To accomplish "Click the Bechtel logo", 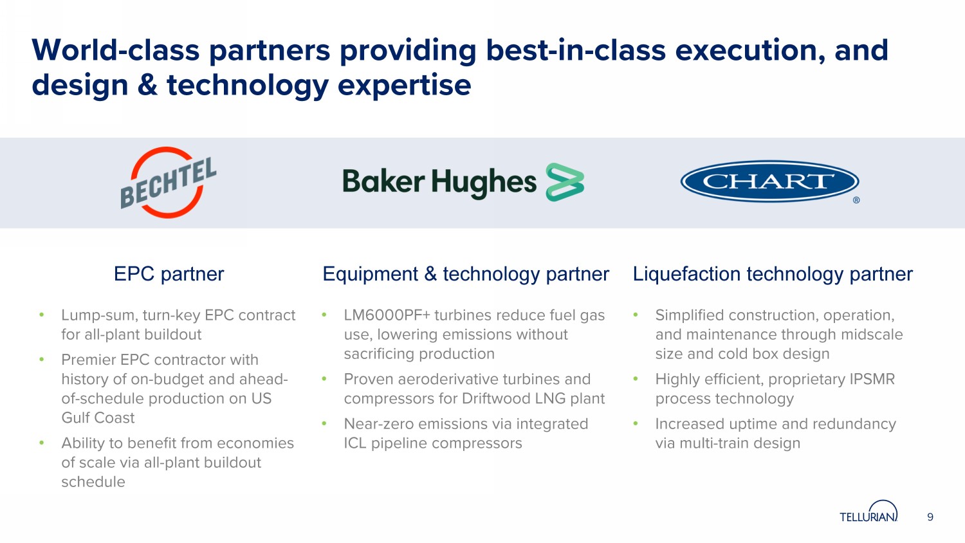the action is click(x=168, y=183).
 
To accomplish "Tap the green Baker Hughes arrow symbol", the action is click(x=565, y=182).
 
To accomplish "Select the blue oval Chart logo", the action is click(x=769, y=181).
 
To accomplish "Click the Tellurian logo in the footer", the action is click(x=868, y=511).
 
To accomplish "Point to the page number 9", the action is click(x=930, y=517).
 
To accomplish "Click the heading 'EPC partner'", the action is click(x=169, y=274).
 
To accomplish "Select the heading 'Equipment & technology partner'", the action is click(x=466, y=274).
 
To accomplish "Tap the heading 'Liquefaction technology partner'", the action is click(x=773, y=274).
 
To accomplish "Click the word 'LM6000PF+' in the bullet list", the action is click(x=387, y=315).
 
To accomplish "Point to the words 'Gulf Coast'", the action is click(x=98, y=418).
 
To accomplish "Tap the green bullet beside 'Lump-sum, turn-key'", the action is click(x=41, y=315).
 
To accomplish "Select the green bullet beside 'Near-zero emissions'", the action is click(x=324, y=423).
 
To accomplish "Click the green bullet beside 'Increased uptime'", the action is click(x=636, y=423).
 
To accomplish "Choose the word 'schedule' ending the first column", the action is click(x=93, y=482).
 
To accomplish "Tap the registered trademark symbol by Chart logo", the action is click(x=856, y=200).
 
